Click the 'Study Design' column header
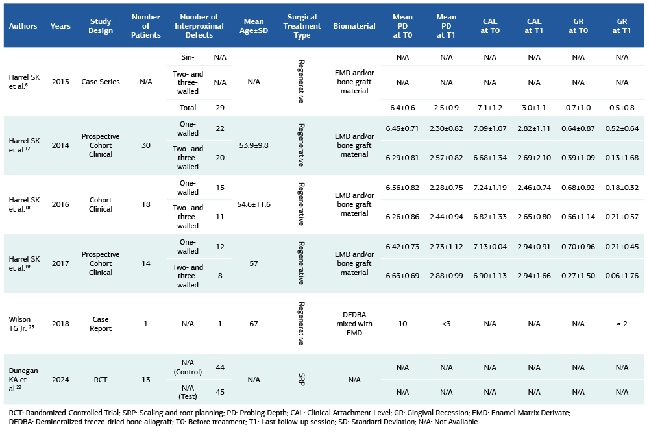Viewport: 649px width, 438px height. point(101,26)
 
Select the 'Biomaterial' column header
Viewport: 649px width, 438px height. point(354,26)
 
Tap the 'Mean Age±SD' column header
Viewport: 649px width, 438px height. point(254,26)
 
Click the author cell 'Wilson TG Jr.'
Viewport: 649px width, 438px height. point(24,323)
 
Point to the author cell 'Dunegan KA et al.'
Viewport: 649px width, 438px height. point(23,379)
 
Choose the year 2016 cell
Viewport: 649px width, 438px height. point(60,204)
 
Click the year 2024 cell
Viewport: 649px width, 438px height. point(60,379)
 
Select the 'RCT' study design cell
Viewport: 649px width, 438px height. point(101,379)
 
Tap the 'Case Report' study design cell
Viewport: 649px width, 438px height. point(101,323)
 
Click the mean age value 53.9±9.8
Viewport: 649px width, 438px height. point(254,145)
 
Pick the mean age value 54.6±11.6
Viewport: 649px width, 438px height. point(254,204)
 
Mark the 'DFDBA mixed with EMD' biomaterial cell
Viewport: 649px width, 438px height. point(354,323)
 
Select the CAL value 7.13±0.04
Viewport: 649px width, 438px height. point(490,247)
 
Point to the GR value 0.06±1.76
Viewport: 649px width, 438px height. point(622,276)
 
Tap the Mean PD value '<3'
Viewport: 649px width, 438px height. point(447,323)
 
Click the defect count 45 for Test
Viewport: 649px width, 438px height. point(220,391)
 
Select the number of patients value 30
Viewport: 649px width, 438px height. point(146,145)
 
